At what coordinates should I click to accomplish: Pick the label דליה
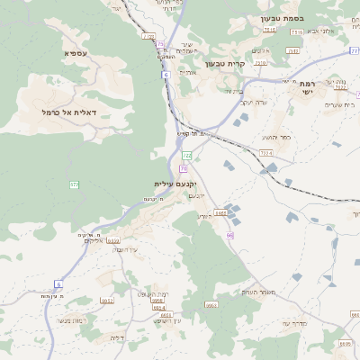(116, 337)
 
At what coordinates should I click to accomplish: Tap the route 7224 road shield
(265, 154)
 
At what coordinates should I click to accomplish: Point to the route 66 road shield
(229, 235)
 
